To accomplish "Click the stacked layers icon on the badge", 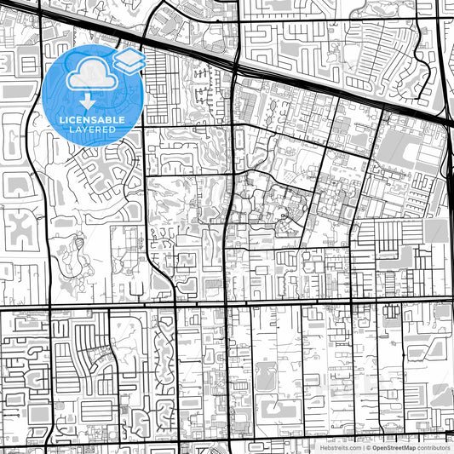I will [129, 60].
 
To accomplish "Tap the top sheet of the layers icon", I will [129, 55].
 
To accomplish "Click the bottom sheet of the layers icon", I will [129, 66].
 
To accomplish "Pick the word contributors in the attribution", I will [434, 447].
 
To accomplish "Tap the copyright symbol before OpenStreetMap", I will [368, 447].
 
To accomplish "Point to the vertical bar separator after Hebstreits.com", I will [362, 447].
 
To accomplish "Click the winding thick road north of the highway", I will [157, 17].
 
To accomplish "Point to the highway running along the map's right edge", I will [449, 213].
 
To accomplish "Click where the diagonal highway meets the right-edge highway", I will [448, 122].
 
